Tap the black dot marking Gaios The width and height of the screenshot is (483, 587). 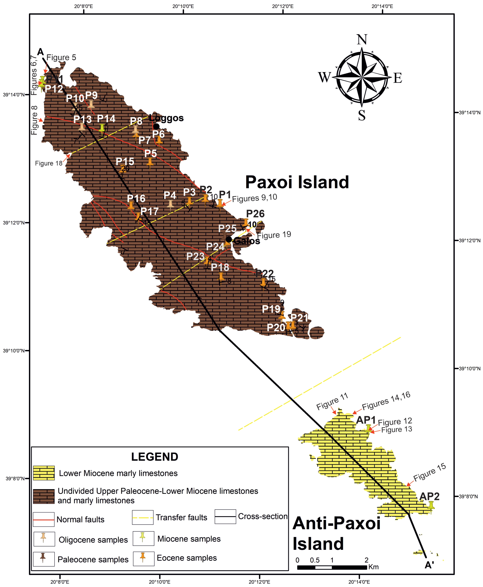pyautogui.click(x=229, y=239)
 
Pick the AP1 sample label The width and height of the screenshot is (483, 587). pyautogui.click(x=366, y=420)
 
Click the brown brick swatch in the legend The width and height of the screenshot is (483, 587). pyautogui.click(x=44, y=496)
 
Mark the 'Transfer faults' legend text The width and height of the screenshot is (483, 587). pyautogui.click(x=181, y=517)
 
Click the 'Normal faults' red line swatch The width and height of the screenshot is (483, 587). pyautogui.click(x=44, y=519)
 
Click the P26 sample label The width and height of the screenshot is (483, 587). pyautogui.click(x=255, y=214)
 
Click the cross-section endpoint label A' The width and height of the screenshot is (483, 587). pyautogui.click(x=429, y=565)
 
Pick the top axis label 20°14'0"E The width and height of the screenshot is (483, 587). pyautogui.click(x=382, y=6)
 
